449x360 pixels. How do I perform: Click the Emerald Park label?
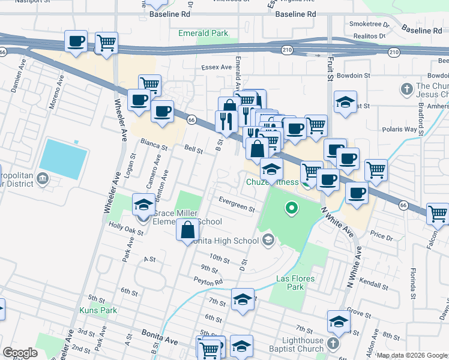pyautogui.click(x=203, y=33)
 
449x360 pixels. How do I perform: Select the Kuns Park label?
pyautogui.click(x=98, y=310)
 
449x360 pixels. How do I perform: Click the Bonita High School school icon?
pyautogui.click(x=268, y=241)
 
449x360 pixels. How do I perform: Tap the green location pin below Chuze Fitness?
pyautogui.click(x=292, y=209)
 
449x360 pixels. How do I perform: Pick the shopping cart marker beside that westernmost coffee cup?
pyautogui.click(x=106, y=43)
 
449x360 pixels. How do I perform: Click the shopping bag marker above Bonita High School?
pyautogui.click(x=188, y=230)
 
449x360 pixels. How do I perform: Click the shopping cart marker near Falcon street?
pyautogui.click(x=438, y=214)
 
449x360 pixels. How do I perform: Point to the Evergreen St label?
pyautogui.click(x=237, y=205)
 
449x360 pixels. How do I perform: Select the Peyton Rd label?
pyautogui.click(x=208, y=281)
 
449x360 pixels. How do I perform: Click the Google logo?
pyautogui.click(x=20, y=353)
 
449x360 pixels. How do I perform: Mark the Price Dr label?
pyautogui.click(x=382, y=238)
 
